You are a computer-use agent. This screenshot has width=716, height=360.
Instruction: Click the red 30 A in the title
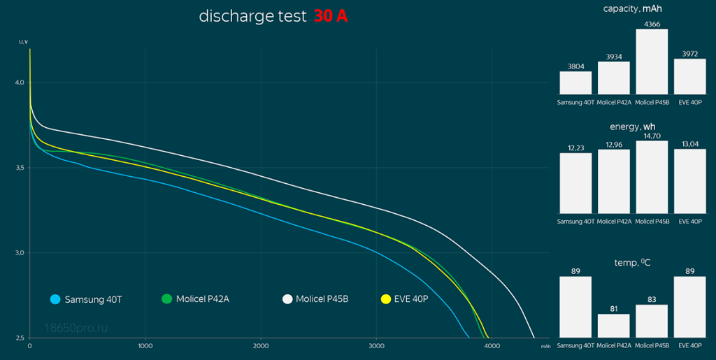point(330,17)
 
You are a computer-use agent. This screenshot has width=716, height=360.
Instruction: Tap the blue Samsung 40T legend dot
point(55,299)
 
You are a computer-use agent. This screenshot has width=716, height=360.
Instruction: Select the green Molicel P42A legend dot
point(166,299)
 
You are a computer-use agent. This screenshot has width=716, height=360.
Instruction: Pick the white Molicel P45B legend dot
point(287,299)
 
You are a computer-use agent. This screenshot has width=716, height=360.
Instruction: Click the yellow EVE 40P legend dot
point(385,299)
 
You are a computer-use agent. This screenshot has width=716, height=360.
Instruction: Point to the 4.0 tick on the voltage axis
point(19,82)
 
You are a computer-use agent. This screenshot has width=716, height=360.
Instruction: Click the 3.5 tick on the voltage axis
point(19,168)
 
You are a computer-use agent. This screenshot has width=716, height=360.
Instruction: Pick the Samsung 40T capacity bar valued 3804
point(575,82)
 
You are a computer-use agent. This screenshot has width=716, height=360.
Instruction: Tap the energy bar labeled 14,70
point(652,177)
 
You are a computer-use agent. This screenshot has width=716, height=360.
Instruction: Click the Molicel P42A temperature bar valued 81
point(613,326)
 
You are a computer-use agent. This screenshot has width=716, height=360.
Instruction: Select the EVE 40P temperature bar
point(690,307)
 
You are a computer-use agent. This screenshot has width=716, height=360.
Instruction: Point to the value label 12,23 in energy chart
point(575,148)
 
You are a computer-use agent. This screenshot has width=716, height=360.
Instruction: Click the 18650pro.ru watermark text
point(76,326)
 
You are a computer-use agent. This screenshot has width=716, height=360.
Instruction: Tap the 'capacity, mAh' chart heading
point(633,8)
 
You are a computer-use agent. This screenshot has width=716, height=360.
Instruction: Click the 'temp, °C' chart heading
point(633,262)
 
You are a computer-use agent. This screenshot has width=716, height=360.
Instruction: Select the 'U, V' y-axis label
point(23,42)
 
